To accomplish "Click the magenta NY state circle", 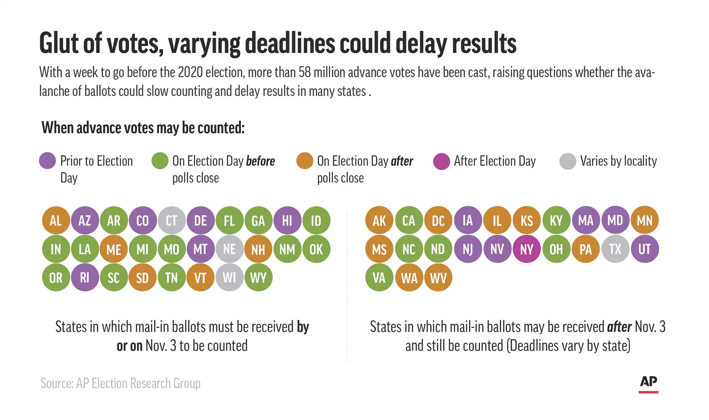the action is (x=527, y=249).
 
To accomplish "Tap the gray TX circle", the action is (x=615, y=249).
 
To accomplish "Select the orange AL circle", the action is (x=56, y=220).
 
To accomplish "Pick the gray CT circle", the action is (x=172, y=220).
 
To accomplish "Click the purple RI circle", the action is (x=85, y=277).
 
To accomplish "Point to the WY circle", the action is (x=258, y=277).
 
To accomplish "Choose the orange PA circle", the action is (x=586, y=249).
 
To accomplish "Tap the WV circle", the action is (x=438, y=277).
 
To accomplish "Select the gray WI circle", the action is (x=229, y=277).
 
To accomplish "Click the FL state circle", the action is (x=229, y=220).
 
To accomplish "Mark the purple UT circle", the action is (x=645, y=249).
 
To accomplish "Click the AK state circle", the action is (x=379, y=220).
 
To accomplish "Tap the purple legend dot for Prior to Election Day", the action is (x=48, y=161).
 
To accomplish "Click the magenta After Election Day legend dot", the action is (x=441, y=161).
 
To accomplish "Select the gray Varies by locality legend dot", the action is (x=568, y=161).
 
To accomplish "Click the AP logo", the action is (x=648, y=384).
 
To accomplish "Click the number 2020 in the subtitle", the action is (x=190, y=72).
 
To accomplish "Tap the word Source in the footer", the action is (x=57, y=383).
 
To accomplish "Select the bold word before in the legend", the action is (x=261, y=161).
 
